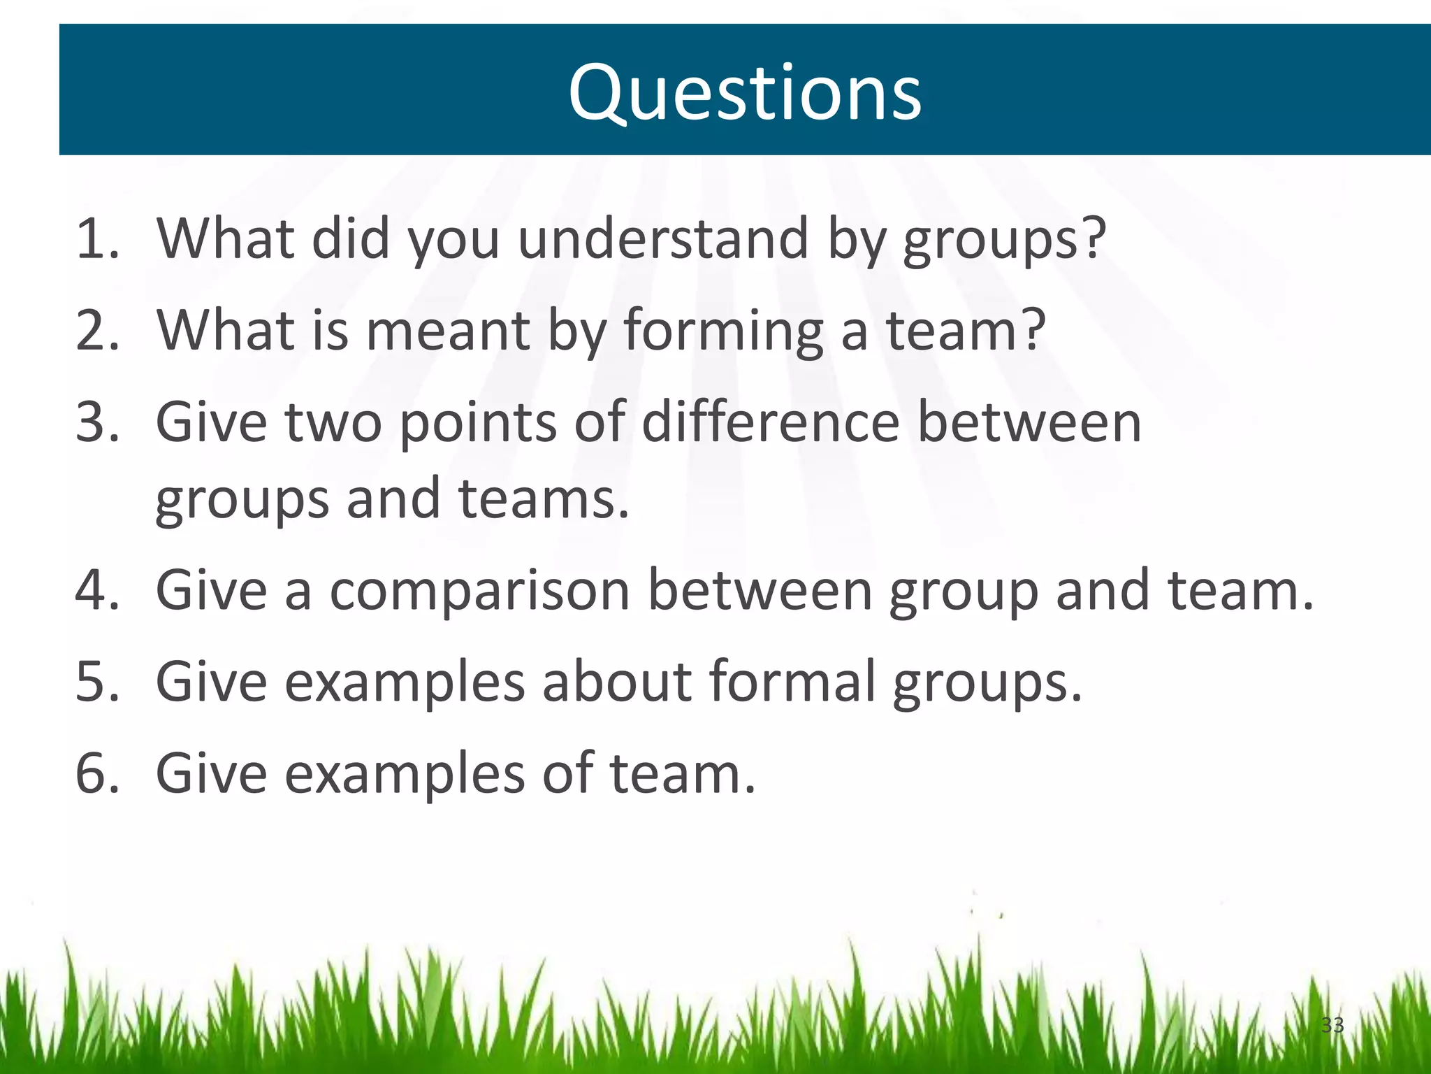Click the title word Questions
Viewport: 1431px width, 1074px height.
(x=744, y=93)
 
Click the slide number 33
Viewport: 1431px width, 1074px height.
(x=1332, y=1025)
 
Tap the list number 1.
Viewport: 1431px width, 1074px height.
(x=96, y=239)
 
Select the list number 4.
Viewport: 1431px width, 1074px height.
(x=96, y=590)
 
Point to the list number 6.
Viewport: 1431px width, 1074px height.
(x=96, y=773)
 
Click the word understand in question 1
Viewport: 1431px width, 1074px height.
(x=662, y=239)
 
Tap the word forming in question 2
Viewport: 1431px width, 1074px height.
(x=722, y=331)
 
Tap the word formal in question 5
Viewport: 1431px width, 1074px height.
(x=792, y=681)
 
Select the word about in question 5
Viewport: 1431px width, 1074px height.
(x=616, y=681)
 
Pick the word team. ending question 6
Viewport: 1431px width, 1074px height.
(x=683, y=773)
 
